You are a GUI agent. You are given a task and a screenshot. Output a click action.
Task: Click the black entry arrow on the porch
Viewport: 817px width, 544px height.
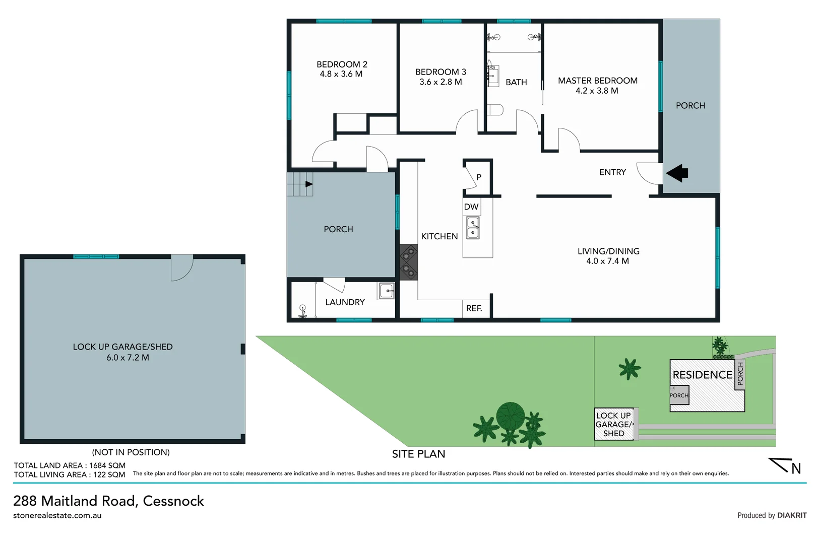pyautogui.click(x=677, y=173)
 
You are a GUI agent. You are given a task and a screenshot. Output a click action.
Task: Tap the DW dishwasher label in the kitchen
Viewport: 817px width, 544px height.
pyautogui.click(x=471, y=207)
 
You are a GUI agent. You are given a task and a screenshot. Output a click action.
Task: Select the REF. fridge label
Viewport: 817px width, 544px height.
pyautogui.click(x=474, y=308)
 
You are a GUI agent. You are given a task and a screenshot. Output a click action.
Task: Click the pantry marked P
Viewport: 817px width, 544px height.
pyautogui.click(x=479, y=177)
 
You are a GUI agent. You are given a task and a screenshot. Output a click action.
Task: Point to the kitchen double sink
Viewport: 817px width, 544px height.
pyautogui.click(x=473, y=228)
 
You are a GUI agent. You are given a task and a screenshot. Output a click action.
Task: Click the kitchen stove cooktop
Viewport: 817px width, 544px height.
pyautogui.click(x=408, y=262)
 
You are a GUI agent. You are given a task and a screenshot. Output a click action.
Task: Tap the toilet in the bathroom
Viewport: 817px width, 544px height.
pyautogui.click(x=495, y=110)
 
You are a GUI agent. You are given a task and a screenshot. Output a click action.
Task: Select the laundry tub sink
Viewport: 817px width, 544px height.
pyautogui.click(x=387, y=291)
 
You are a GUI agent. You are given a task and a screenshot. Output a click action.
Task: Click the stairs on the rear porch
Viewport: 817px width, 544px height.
pyautogui.click(x=299, y=184)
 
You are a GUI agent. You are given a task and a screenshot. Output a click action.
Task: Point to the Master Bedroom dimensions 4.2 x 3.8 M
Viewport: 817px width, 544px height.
pyautogui.click(x=597, y=91)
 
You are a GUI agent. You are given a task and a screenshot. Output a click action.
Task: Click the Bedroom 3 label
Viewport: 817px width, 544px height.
pyautogui.click(x=441, y=72)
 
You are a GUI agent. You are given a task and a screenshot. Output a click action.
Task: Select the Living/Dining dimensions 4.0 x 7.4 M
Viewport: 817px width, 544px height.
pyautogui.click(x=607, y=261)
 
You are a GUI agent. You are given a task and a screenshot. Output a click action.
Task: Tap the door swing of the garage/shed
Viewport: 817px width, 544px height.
pyautogui.click(x=181, y=268)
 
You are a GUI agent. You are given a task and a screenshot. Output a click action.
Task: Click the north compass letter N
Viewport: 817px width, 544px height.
pyautogui.click(x=796, y=469)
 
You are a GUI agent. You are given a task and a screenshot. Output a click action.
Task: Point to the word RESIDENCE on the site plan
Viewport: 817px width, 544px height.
pyautogui.click(x=702, y=375)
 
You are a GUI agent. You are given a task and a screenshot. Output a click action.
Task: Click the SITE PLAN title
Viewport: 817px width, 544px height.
pyautogui.click(x=418, y=454)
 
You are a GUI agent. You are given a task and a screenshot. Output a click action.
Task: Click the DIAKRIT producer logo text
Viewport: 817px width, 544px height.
pyautogui.click(x=791, y=515)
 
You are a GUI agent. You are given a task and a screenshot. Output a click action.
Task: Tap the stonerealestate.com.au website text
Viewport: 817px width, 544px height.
pyautogui.click(x=57, y=515)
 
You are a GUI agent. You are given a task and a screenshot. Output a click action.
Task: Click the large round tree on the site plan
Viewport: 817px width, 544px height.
pyautogui.click(x=510, y=416)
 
